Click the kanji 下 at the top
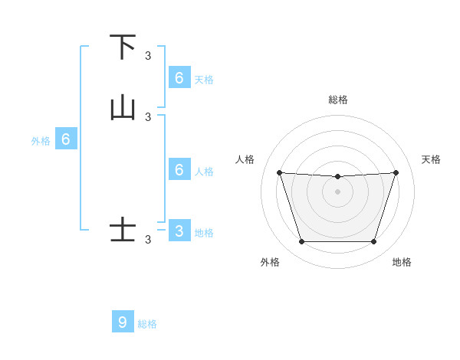click(123, 47)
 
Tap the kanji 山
click(123, 109)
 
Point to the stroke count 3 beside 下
click(148, 55)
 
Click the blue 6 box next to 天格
click(179, 77)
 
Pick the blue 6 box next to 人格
click(179, 170)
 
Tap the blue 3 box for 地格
click(179, 231)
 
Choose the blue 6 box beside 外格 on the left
click(66, 139)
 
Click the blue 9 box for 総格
click(123, 322)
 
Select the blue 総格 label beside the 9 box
click(147, 324)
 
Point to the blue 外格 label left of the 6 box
click(41, 141)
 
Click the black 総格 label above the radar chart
click(338, 100)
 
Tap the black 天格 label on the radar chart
click(432, 159)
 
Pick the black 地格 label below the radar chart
click(402, 262)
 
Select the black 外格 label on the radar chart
click(270, 262)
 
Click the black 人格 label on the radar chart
click(245, 159)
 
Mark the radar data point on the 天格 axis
click(396, 172)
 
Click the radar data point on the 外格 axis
click(301, 242)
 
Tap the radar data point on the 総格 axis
click(337, 177)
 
